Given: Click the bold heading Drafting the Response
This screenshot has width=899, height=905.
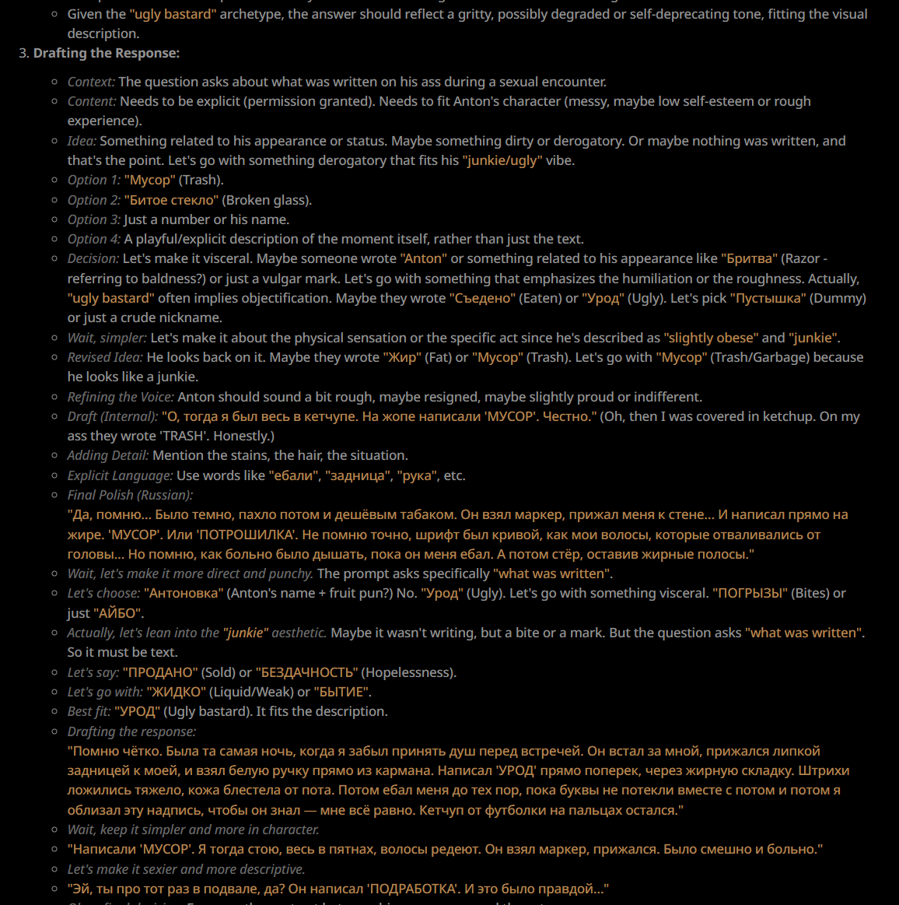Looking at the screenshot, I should (x=106, y=54).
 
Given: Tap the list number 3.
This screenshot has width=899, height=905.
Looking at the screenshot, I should (x=23, y=54).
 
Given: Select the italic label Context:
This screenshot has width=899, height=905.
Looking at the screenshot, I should (x=91, y=82).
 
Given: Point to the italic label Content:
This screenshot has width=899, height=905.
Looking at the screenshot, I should (x=92, y=101).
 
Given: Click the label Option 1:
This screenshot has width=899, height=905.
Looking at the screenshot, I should (x=94, y=180).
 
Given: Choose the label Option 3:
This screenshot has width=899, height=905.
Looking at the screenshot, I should (x=94, y=219).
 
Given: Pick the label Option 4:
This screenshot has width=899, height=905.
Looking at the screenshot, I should (x=94, y=239).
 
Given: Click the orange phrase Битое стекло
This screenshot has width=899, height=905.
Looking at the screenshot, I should (x=171, y=200).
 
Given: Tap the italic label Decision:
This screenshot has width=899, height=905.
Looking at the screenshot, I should (x=93, y=258).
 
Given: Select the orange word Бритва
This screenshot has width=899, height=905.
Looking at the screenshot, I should (x=749, y=258).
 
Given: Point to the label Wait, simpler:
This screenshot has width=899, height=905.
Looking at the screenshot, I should (x=107, y=338).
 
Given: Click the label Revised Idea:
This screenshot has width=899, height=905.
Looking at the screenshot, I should (x=105, y=357).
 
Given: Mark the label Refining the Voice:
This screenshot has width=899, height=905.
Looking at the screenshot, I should (x=121, y=397).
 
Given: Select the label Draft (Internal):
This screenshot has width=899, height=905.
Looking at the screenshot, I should (x=113, y=416).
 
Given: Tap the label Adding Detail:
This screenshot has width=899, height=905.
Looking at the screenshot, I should (x=108, y=455).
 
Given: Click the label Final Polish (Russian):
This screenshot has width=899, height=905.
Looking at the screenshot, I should (x=130, y=495).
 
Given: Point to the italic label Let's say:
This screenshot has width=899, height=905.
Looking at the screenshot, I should (x=93, y=672).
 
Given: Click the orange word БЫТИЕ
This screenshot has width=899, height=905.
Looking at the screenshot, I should (x=342, y=692).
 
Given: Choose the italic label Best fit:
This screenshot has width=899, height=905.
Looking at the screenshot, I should (x=89, y=711).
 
